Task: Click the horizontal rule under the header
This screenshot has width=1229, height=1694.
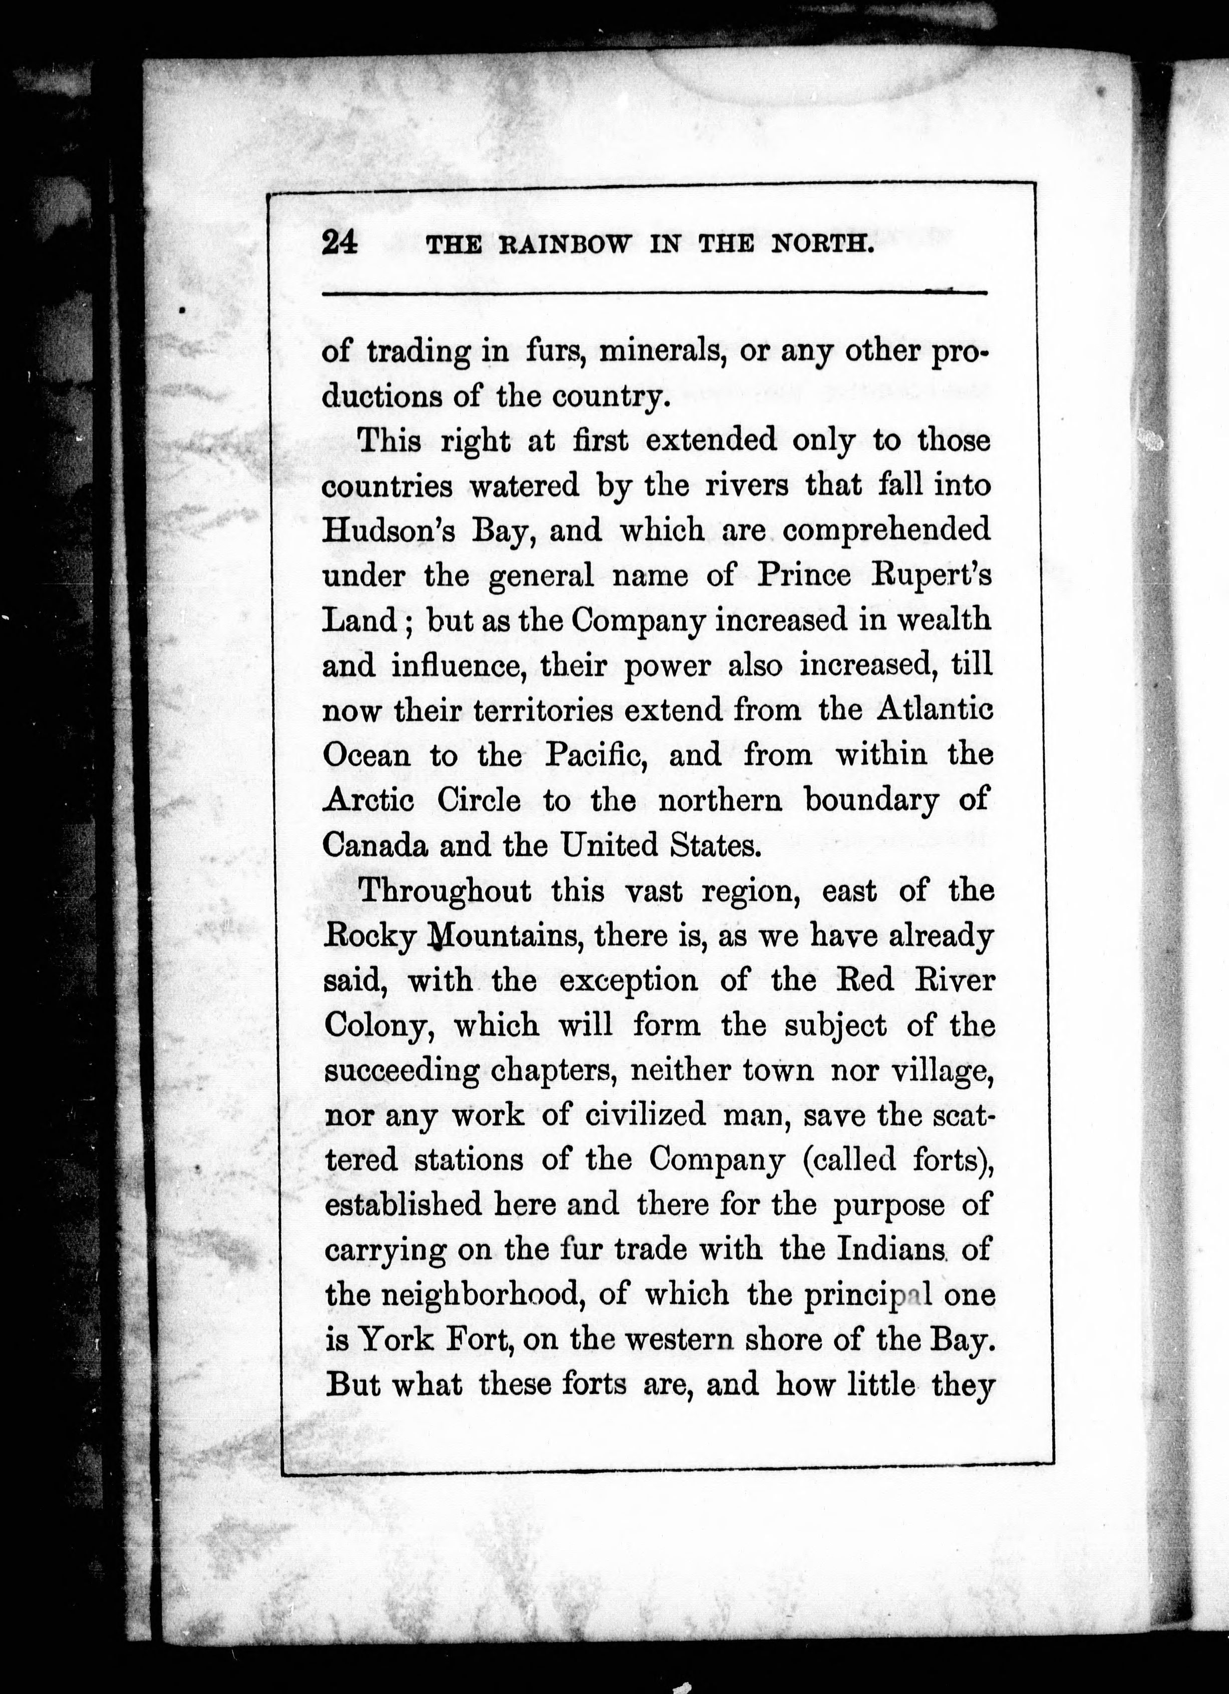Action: pos(655,293)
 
